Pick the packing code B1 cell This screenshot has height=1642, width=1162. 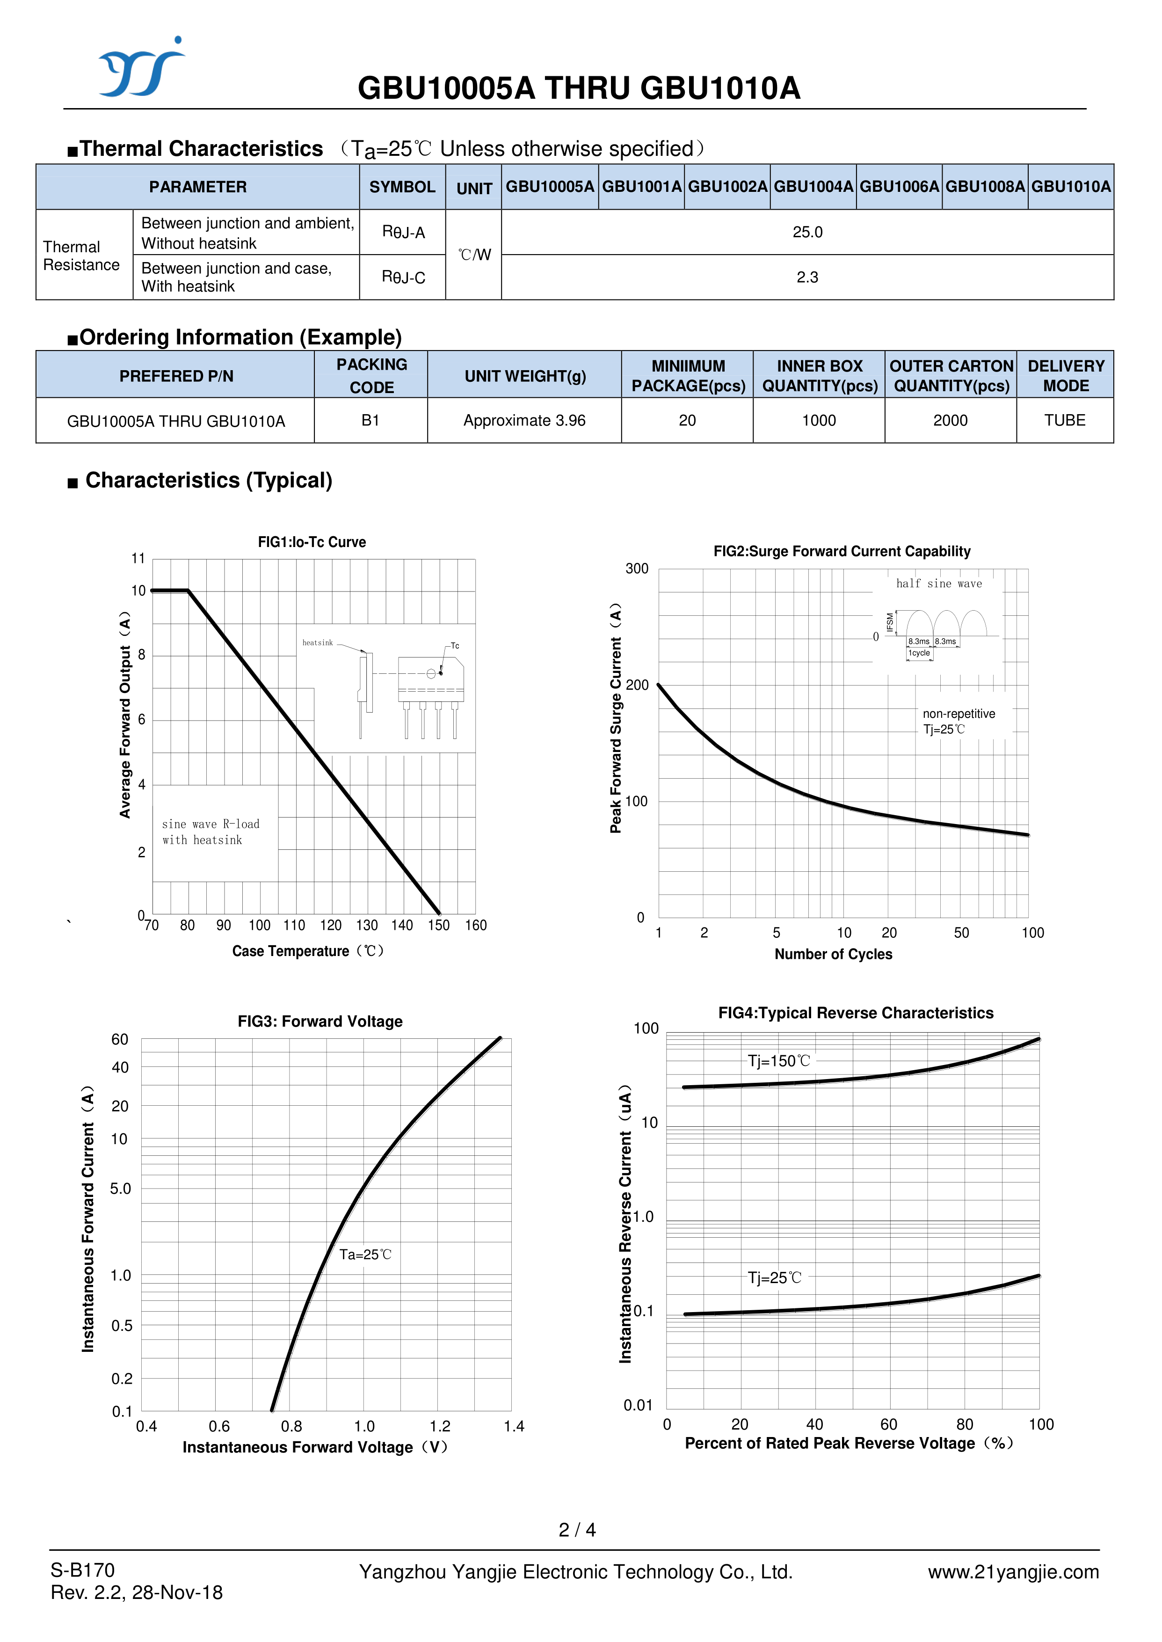pyautogui.click(x=370, y=420)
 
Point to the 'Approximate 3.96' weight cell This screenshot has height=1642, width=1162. pyautogui.click(x=524, y=420)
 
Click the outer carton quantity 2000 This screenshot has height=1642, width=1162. pyautogui.click(x=950, y=420)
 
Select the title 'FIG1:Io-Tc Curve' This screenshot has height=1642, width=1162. pyautogui.click(x=312, y=542)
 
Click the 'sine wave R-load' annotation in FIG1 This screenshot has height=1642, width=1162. pyautogui.click(x=211, y=824)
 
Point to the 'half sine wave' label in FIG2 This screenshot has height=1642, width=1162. pyautogui.click(x=939, y=584)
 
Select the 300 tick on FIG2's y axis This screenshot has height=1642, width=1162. pyautogui.click(x=637, y=569)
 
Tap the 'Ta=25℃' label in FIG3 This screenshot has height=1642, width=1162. pyautogui.click(x=365, y=1254)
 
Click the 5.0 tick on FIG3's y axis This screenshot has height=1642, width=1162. pyautogui.click(x=120, y=1189)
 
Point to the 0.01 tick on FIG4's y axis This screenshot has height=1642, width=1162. pyautogui.click(x=638, y=1405)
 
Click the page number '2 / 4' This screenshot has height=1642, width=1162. pyautogui.click(x=577, y=1530)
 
